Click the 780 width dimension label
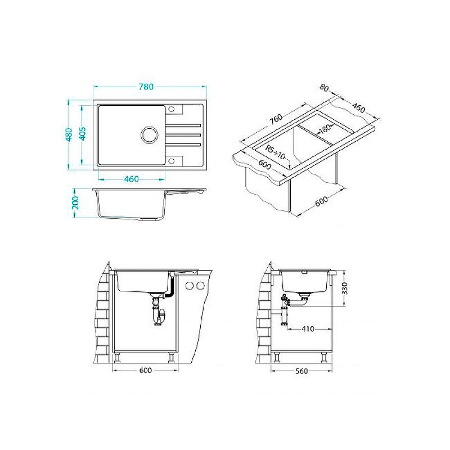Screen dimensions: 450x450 tap(146, 87)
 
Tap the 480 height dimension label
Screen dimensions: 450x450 tap(69, 134)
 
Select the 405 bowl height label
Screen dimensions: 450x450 tap(82, 133)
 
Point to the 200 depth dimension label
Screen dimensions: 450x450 tap(75, 203)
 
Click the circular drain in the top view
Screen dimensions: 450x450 tap(149, 134)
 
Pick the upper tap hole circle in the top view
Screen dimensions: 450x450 tap(172, 109)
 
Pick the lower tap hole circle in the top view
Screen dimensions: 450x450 tap(172, 161)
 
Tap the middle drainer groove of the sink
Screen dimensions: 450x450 tap(183, 134)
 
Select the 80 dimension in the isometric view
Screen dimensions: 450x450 tap(325, 88)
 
